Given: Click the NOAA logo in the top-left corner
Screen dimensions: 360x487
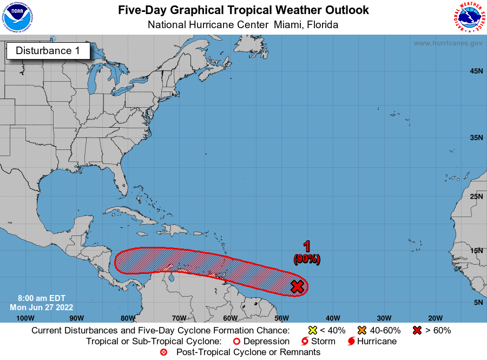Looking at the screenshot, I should tap(17, 17).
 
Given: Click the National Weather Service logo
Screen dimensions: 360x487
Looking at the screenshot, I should tap(469, 17).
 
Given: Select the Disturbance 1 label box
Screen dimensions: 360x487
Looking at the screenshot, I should tap(48, 51).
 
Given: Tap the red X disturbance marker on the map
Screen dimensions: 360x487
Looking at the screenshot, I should tap(297, 286).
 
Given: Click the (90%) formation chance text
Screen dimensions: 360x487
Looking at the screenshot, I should tap(307, 259).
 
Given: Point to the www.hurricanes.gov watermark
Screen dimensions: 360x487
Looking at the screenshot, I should tap(447, 43).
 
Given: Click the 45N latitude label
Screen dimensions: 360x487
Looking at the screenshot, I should tap(476, 71).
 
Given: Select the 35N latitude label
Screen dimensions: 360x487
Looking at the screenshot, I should tap(476, 138).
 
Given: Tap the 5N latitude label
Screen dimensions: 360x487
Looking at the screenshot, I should tap(478, 302).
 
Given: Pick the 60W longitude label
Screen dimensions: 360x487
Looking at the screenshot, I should tap(230, 318).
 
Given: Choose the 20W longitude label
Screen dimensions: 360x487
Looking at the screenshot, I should tap(435, 318).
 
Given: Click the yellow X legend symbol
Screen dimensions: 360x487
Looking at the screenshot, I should tap(312, 330).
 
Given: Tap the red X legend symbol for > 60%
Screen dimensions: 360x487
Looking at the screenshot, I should tap(418, 330).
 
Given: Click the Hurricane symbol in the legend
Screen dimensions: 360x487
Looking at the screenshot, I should tap(352, 342).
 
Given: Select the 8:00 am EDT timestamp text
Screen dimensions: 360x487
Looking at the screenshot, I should tap(31, 298).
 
